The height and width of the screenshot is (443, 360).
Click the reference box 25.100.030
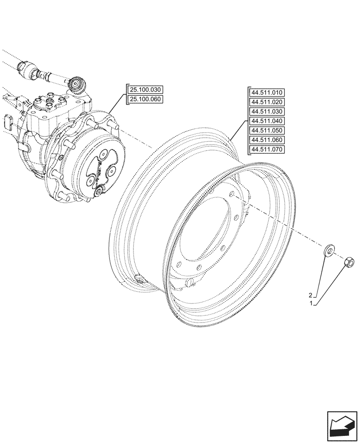145,90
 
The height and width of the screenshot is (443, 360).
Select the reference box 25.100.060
145,99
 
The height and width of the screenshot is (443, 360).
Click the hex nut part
349,264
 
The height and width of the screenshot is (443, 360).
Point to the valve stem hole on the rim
139,280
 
